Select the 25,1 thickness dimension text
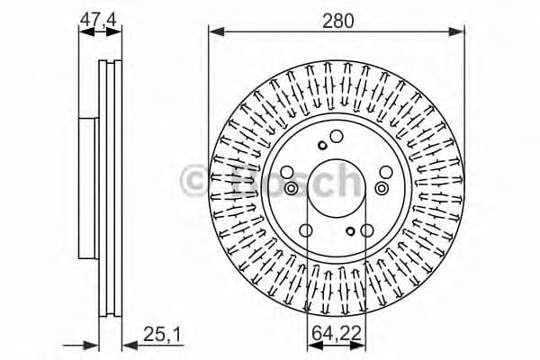pyautogui.click(x=163, y=334)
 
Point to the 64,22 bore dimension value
pyautogui.click(x=337, y=334)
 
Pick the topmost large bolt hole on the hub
pyautogui.click(x=337, y=137)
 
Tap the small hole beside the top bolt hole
pyautogui.click(x=322, y=146)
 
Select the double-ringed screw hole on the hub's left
pyautogui.click(x=292, y=188)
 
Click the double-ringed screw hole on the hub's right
pyautogui.click(x=383, y=188)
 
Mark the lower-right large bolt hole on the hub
pyautogui.click(x=366, y=230)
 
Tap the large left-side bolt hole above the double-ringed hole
pyautogui.click(x=286, y=172)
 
